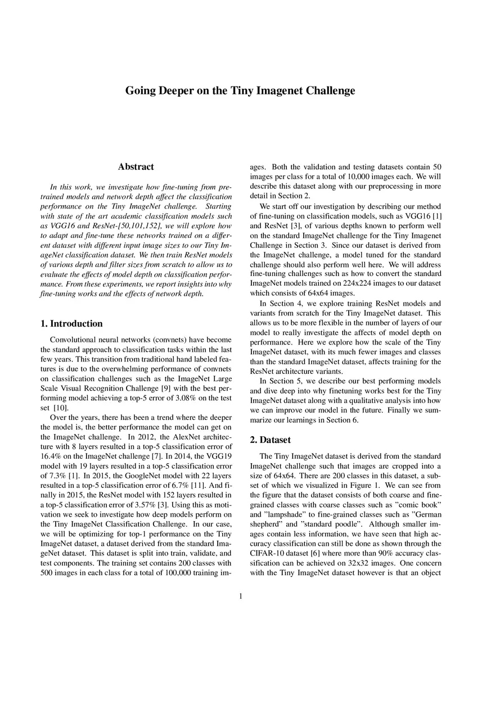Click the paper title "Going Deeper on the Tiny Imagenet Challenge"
240,91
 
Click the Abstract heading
136,166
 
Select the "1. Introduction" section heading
72,323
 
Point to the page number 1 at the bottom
241,596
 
